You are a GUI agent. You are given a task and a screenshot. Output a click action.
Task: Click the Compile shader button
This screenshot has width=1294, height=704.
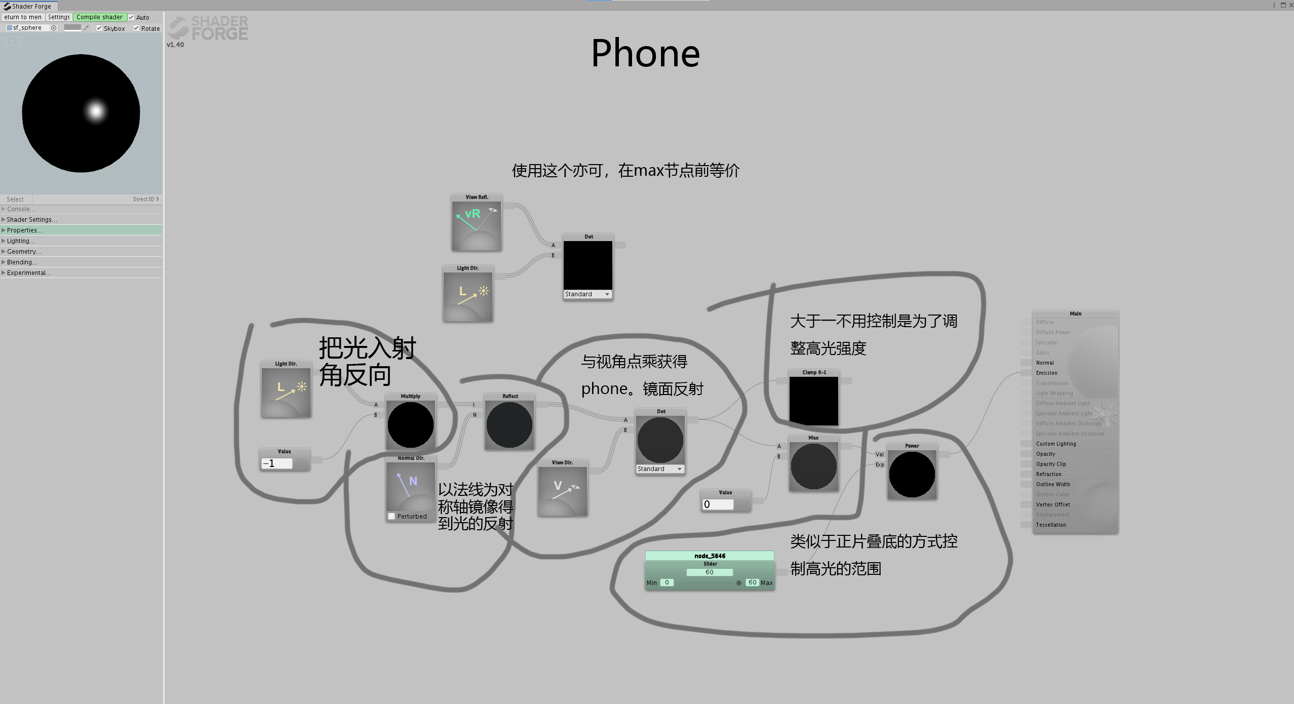tap(99, 17)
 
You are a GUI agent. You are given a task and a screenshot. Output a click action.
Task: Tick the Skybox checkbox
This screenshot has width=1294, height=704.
tap(99, 28)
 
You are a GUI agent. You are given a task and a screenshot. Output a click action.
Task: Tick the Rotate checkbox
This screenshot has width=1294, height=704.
tap(136, 28)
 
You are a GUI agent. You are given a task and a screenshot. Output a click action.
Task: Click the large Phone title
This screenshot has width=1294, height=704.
tap(645, 53)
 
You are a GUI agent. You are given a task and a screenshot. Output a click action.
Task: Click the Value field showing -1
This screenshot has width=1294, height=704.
tap(277, 463)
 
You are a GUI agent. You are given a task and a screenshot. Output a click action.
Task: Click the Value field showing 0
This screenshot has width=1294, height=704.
tap(717, 504)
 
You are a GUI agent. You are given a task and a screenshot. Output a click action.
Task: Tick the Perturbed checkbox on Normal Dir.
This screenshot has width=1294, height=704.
tap(391, 516)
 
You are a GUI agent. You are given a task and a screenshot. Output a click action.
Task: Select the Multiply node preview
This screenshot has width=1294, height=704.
tap(410, 424)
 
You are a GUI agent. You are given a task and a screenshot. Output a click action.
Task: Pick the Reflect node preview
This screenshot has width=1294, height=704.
tap(509, 424)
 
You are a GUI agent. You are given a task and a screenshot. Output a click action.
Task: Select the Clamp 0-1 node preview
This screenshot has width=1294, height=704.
tap(813, 401)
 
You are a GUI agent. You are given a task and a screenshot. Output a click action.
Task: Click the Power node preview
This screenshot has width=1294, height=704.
tap(912, 474)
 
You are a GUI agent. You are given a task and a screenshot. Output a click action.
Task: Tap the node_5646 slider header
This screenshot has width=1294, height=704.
tap(709, 556)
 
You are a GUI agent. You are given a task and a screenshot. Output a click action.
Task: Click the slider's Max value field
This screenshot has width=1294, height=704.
tap(752, 582)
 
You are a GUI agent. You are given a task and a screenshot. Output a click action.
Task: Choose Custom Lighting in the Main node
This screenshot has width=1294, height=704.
tap(1055, 444)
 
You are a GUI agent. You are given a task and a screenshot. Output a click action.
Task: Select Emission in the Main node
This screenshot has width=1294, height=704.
tap(1046, 373)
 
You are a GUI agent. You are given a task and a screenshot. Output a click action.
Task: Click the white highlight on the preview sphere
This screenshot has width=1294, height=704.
tap(96, 110)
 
